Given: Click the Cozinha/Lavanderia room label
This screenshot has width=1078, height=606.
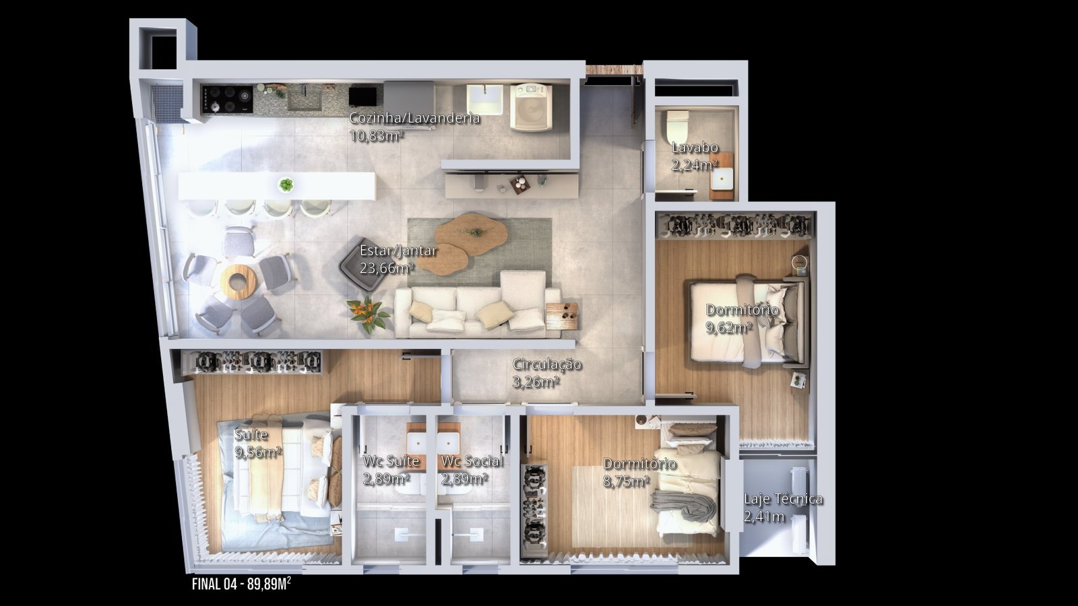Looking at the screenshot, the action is [414, 118].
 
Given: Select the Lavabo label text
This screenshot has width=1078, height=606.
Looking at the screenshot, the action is [695, 147].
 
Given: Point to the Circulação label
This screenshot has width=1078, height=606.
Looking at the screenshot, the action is [546, 364].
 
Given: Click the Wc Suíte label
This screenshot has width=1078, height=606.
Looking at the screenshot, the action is [391, 461].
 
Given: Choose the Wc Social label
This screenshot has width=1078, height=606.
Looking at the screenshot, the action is [472, 461].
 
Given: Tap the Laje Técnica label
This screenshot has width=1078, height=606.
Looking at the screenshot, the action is [783, 499].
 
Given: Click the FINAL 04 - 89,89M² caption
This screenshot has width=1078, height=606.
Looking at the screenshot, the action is [241, 584].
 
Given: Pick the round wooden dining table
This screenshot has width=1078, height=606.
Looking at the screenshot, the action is [238, 281].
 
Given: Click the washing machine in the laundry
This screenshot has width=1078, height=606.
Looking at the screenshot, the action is [532, 107].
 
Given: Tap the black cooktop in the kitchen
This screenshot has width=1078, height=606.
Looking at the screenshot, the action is [226, 100].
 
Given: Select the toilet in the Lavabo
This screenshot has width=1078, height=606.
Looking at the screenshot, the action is [677, 125].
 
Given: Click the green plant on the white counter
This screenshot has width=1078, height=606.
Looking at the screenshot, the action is [286, 184].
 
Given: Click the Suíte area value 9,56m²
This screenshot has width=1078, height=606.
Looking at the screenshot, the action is [258, 452].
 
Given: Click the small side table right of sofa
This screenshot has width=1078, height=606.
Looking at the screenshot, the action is [562, 316].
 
